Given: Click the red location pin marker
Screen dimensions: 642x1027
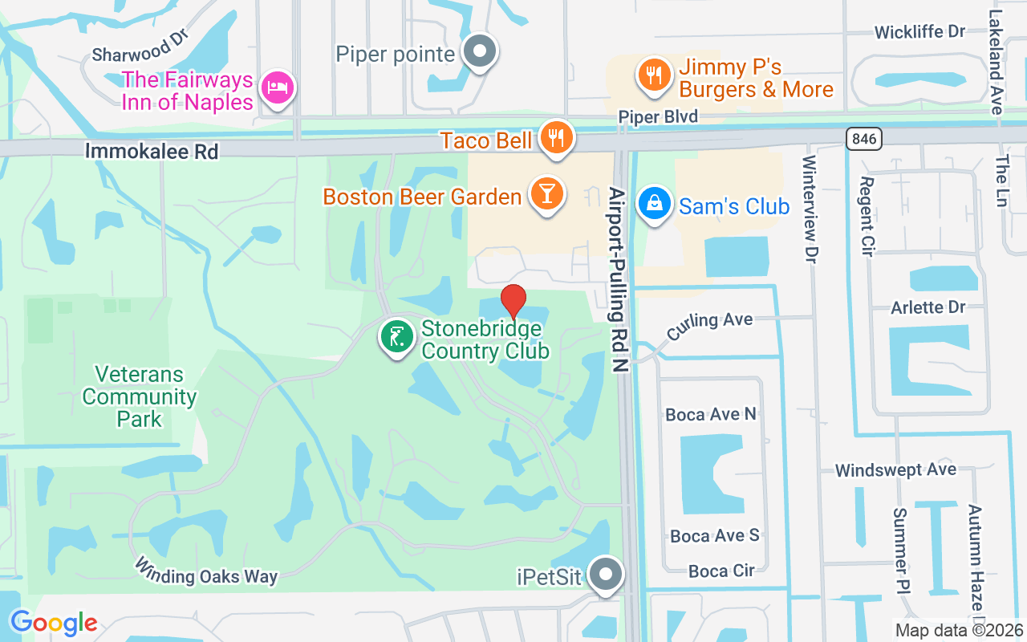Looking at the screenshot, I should point(513,302).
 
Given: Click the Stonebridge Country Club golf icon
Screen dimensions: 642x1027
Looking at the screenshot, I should point(396,338).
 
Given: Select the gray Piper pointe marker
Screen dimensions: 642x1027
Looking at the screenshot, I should point(480,52).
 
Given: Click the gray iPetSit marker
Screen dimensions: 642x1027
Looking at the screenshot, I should point(607,575).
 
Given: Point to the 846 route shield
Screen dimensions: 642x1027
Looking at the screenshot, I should point(863,139).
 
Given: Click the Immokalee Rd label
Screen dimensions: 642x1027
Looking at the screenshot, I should point(152,151).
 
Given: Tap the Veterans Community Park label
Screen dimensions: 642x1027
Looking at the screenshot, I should point(140,396).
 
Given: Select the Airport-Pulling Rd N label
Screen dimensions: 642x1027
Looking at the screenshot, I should point(617,279).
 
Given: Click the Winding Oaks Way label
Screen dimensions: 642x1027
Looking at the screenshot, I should point(206,571).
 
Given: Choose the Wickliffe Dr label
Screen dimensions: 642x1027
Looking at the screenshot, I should point(919,32).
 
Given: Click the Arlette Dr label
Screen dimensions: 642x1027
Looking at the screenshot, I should point(928,307).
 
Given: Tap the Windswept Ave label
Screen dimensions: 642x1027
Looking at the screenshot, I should point(895,470).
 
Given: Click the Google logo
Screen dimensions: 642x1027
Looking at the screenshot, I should point(54,622).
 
